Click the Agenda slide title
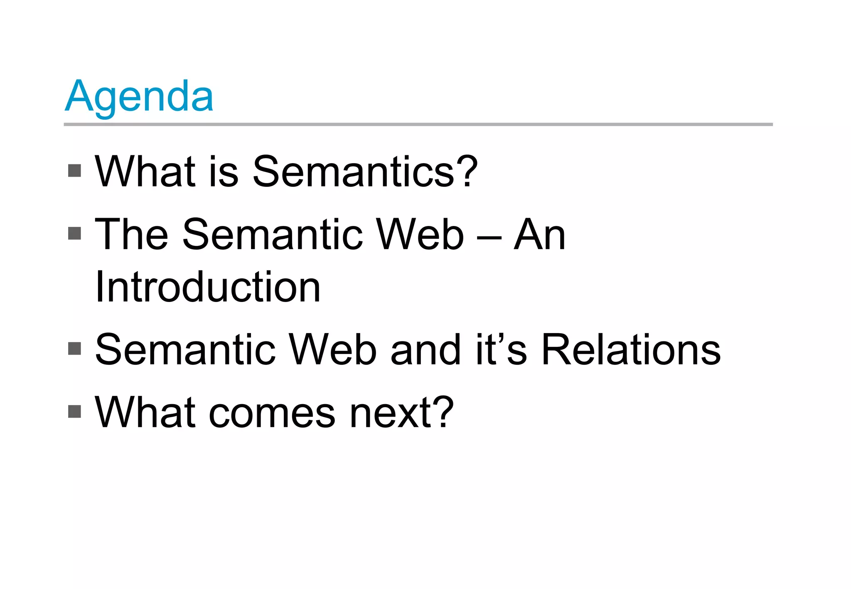click(139, 96)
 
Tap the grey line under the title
click(418, 124)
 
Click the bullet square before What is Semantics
click(74, 171)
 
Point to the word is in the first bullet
click(224, 172)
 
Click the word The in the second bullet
click(131, 235)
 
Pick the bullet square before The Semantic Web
click(74, 233)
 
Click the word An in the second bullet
click(539, 235)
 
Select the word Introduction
click(208, 287)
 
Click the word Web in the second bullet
click(420, 235)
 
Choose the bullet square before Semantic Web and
click(74, 348)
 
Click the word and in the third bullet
click(426, 350)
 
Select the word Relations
click(631, 350)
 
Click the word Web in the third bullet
click(332, 350)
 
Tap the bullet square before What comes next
click(74, 412)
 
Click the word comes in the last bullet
click(272, 414)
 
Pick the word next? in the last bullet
click(401, 413)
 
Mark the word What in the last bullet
click(145, 412)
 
